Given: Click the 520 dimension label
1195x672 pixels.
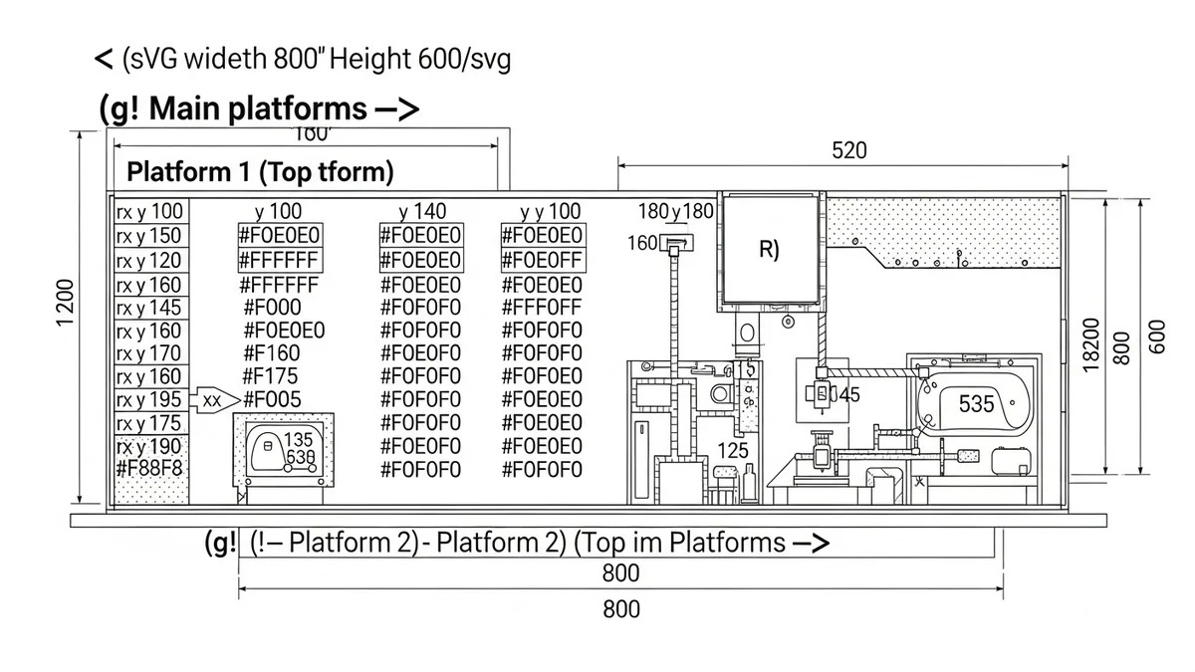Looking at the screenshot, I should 848,151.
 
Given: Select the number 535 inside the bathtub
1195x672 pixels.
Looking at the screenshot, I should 976,404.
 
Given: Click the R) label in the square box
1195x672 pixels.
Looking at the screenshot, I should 769,249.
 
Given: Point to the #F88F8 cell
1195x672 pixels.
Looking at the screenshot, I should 150,468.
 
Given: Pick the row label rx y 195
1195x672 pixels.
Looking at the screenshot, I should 150,400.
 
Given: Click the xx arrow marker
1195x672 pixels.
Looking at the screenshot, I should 212,400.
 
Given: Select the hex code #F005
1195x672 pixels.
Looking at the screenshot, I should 272,400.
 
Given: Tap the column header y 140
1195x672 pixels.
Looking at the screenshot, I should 423,212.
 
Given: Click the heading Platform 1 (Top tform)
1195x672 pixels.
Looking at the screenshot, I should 260,172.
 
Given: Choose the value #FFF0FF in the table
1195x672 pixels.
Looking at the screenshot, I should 541,307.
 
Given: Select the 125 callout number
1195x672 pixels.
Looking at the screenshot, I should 732,451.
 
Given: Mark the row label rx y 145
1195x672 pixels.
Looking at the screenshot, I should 150,308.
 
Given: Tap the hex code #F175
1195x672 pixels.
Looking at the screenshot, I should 272,376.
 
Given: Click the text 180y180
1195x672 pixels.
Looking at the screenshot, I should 676,212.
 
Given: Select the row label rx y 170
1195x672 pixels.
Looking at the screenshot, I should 150,353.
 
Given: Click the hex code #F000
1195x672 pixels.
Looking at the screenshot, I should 272,308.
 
